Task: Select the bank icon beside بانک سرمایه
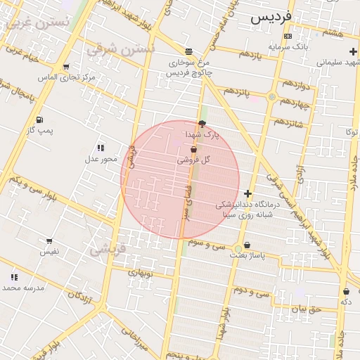(288, 36)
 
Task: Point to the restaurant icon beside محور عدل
(101, 148)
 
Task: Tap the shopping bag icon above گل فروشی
(193, 149)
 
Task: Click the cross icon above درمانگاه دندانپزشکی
(247, 193)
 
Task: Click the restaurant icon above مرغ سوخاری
(188, 51)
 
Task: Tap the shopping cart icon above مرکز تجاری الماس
(66, 67)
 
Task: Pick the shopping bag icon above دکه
(346, 291)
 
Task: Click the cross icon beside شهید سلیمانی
(353, 51)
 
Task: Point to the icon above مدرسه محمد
(14, 277)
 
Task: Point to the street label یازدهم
(249, 54)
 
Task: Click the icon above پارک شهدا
(202, 123)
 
